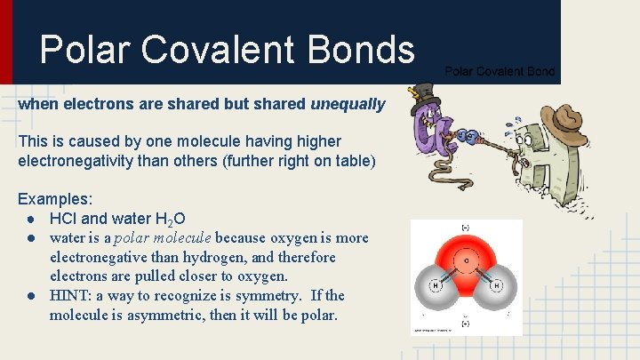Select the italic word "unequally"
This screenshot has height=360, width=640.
[348, 105]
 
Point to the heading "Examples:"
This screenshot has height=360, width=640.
[55, 198]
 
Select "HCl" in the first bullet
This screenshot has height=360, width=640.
[65, 218]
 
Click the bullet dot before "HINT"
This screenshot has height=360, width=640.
[31, 296]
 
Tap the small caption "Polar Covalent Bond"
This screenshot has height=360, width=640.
[500, 71]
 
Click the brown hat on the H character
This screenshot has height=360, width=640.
[562, 117]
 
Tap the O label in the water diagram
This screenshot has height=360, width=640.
[466, 261]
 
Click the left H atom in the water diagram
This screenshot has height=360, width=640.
[436, 285]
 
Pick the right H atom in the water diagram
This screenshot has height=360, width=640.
[496, 285]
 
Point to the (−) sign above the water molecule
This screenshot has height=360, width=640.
[466, 228]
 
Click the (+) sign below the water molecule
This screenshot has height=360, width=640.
[466, 324]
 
